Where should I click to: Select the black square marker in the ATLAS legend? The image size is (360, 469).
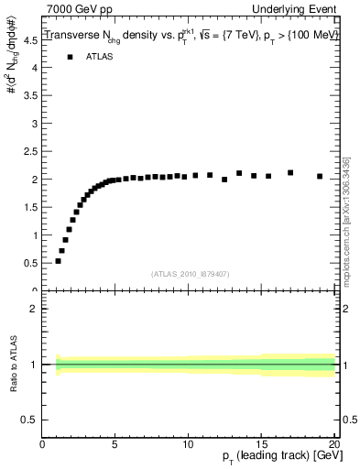[71, 57]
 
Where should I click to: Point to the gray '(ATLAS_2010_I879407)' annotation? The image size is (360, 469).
[190, 274]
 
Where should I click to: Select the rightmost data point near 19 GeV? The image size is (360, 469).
[320, 176]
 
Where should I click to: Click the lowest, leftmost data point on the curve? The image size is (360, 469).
[58, 261]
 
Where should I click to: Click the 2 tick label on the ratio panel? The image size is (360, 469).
[34, 309]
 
